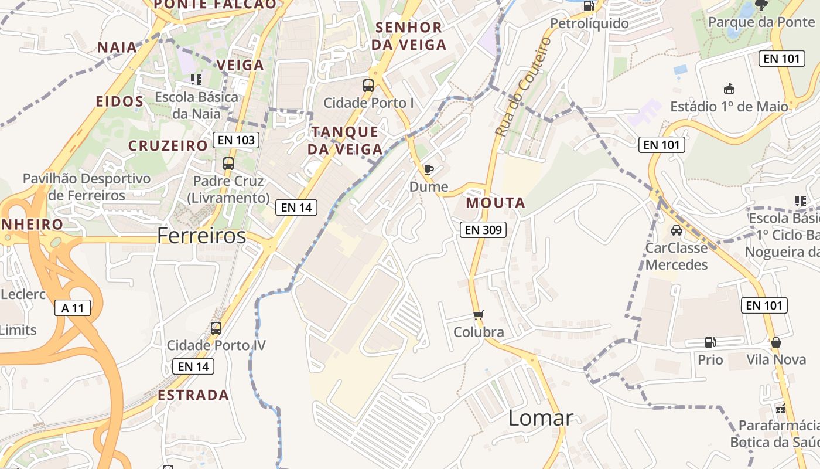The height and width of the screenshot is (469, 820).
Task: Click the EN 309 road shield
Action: [483, 230]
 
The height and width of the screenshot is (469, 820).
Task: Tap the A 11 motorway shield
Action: [73, 308]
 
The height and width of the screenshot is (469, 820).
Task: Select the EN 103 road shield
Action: [236, 140]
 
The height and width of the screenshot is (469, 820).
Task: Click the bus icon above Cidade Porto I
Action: [368, 86]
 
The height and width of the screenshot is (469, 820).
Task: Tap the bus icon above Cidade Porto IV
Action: [216, 328]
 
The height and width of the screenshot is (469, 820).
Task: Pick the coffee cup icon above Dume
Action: [429, 170]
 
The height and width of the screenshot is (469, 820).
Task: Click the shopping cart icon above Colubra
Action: [479, 315]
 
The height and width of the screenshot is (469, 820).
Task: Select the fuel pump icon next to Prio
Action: [710, 342]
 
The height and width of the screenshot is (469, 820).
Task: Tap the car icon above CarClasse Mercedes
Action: [676, 230]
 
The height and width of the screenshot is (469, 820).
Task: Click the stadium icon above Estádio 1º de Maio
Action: [729, 89]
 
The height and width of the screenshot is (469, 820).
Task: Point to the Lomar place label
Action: [541, 418]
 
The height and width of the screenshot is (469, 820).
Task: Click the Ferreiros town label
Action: [201, 236]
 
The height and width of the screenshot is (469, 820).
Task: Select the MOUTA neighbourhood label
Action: [496, 203]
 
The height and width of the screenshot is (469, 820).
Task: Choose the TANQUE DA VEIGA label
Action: [345, 140]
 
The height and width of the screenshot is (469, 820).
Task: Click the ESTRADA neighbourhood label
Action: [193, 395]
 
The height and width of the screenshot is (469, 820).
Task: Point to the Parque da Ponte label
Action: [761, 22]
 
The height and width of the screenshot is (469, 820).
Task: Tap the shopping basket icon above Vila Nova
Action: [776, 342]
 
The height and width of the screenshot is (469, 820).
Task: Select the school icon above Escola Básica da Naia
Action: [196, 79]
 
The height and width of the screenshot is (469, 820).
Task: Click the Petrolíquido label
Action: [589, 23]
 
